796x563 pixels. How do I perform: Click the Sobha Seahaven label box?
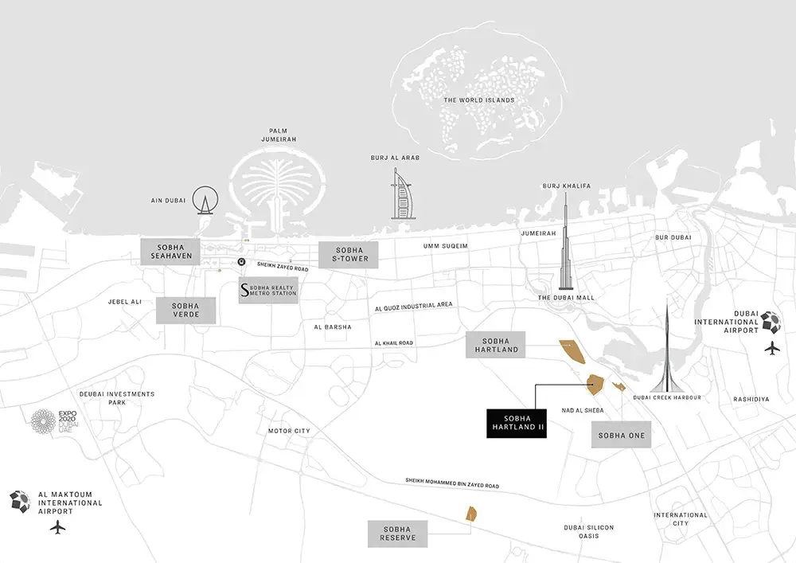click(170, 250)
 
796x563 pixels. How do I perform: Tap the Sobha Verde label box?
click(185, 311)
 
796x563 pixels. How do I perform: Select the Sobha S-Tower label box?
click(348, 252)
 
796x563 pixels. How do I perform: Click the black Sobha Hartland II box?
click(514, 424)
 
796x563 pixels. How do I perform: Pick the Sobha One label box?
click(622, 436)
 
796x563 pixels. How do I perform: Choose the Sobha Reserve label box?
click(397, 534)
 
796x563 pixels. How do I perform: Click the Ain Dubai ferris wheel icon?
click(209, 201)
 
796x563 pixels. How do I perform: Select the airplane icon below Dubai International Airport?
click(771, 348)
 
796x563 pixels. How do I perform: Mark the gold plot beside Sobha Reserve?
click(470, 513)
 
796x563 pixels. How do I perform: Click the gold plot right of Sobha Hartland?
click(571, 350)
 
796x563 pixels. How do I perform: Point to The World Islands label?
click(479, 100)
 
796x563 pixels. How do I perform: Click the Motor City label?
click(289, 431)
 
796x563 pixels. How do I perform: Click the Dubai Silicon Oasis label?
click(588, 531)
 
